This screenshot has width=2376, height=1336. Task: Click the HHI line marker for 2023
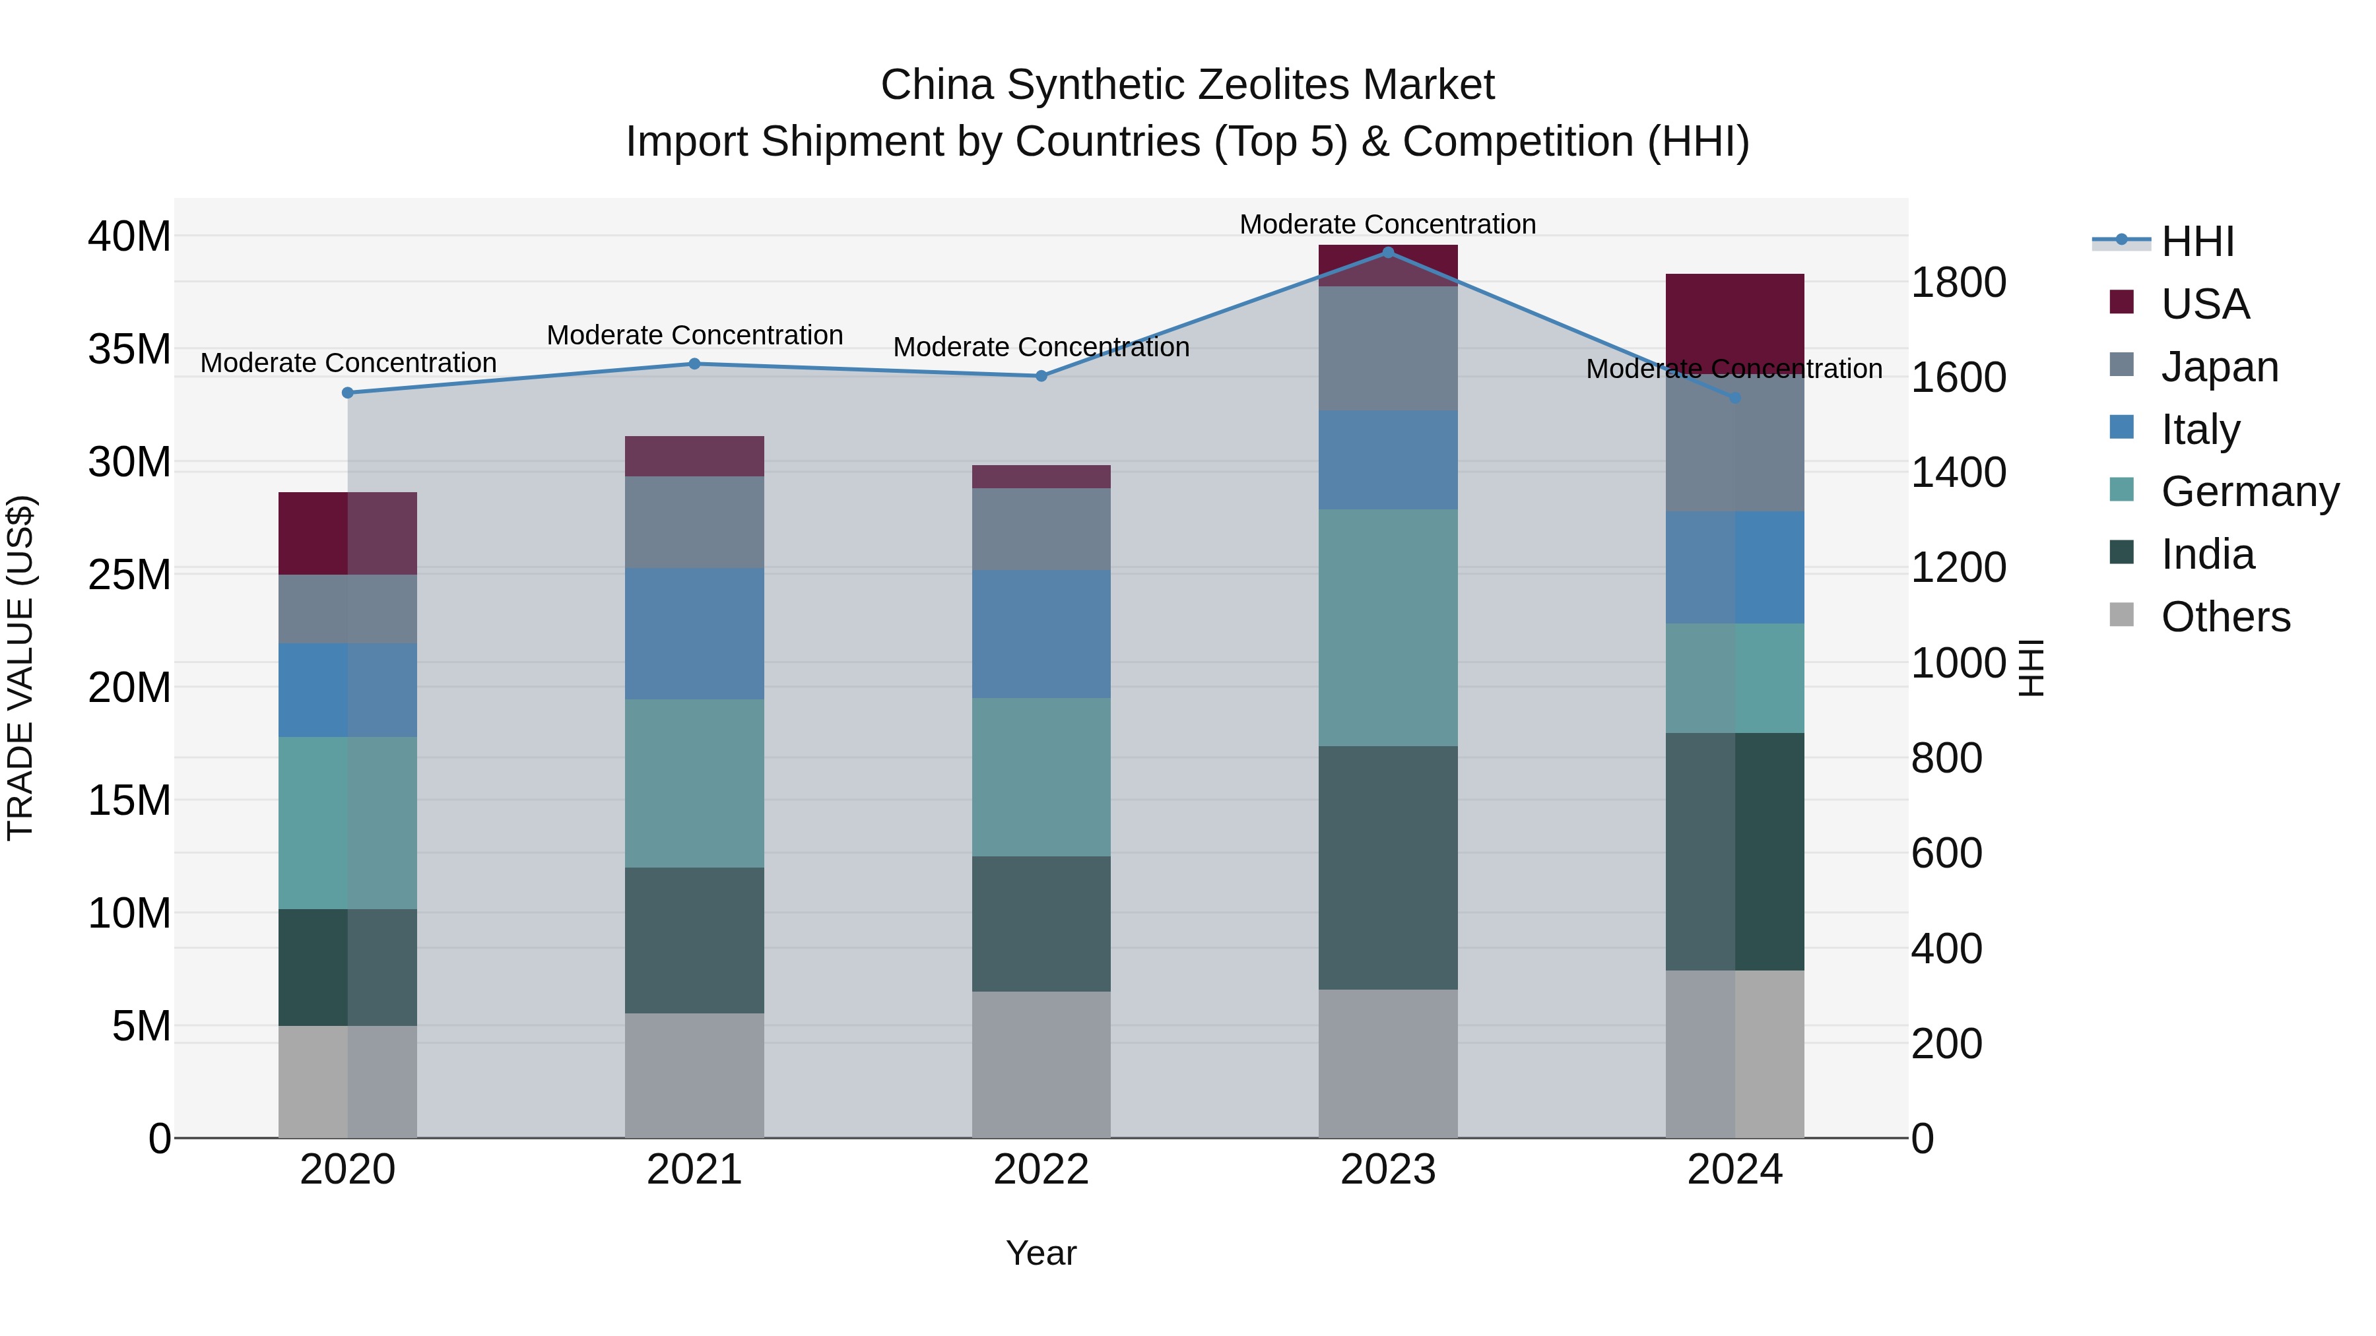(x=1387, y=253)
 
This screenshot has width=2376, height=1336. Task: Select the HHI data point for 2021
(x=694, y=364)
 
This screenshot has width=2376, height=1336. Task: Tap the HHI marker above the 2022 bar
(x=1041, y=376)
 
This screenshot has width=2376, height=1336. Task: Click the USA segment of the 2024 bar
(x=1734, y=318)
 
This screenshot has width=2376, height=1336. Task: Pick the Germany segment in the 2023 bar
(x=1387, y=627)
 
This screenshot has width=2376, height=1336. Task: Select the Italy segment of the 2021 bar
(x=694, y=633)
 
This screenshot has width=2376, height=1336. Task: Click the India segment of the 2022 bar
(x=1041, y=924)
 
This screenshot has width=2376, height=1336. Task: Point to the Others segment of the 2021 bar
(x=694, y=1075)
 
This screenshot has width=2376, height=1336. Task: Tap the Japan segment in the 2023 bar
(x=1387, y=348)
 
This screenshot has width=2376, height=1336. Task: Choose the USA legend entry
(x=2204, y=304)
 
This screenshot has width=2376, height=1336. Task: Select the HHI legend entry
(x=2197, y=241)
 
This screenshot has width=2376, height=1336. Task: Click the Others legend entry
(x=2225, y=618)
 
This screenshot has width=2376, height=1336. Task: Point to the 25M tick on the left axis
(x=129, y=575)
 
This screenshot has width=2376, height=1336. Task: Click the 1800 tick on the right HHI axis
(x=1958, y=283)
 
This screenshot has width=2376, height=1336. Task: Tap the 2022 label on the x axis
(x=1041, y=1170)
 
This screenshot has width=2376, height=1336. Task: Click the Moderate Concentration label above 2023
(x=1387, y=224)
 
